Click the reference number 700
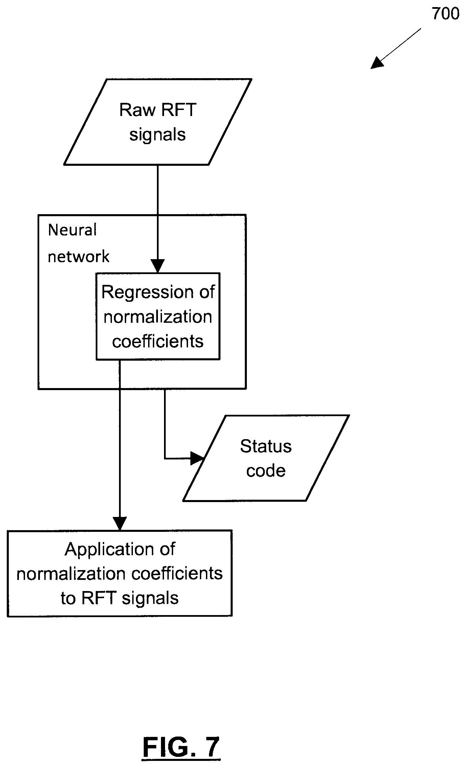click(x=445, y=14)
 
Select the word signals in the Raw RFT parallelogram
click(x=157, y=135)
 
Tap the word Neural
click(x=72, y=230)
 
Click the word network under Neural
click(x=78, y=256)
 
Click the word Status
click(x=266, y=446)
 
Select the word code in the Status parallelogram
click(x=266, y=471)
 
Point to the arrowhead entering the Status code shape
click(x=197, y=458)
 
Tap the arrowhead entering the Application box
click(x=119, y=523)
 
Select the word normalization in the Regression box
click(x=158, y=317)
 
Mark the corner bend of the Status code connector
click(x=165, y=458)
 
